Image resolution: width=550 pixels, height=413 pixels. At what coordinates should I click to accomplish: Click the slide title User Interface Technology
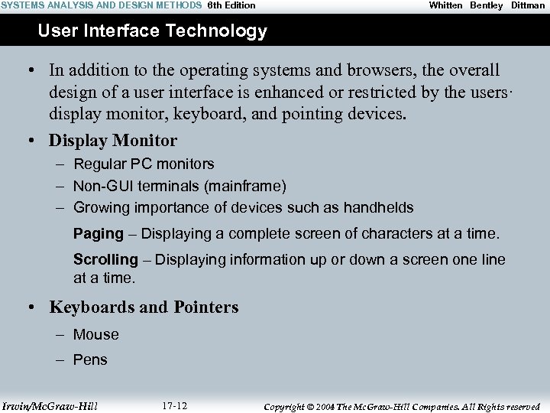pyautogui.click(x=152, y=31)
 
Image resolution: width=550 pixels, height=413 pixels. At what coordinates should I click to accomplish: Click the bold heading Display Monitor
pyautogui.click(x=113, y=141)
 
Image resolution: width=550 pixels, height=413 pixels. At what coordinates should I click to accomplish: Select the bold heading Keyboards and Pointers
pyautogui.click(x=144, y=307)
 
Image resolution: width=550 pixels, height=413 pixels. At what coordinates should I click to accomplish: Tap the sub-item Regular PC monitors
pyautogui.click(x=144, y=164)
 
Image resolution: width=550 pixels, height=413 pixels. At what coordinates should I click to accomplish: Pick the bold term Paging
pyautogui.click(x=98, y=233)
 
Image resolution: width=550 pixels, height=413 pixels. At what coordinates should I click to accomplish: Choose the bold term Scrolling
pyautogui.click(x=105, y=259)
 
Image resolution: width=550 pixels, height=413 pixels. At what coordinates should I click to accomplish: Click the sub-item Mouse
pyautogui.click(x=96, y=334)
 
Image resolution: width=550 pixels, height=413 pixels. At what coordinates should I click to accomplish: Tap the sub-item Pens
pyautogui.click(x=90, y=359)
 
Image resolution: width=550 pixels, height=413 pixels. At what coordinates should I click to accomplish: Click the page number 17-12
pyautogui.click(x=175, y=405)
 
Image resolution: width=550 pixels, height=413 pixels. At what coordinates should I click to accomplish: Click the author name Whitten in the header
pyautogui.click(x=445, y=5)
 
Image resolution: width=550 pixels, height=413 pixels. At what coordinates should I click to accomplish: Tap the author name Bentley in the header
pyautogui.click(x=487, y=5)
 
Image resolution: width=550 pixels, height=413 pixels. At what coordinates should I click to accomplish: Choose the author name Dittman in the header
pyautogui.click(x=528, y=5)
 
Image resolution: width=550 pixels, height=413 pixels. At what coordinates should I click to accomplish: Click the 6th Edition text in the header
pyautogui.click(x=231, y=5)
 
